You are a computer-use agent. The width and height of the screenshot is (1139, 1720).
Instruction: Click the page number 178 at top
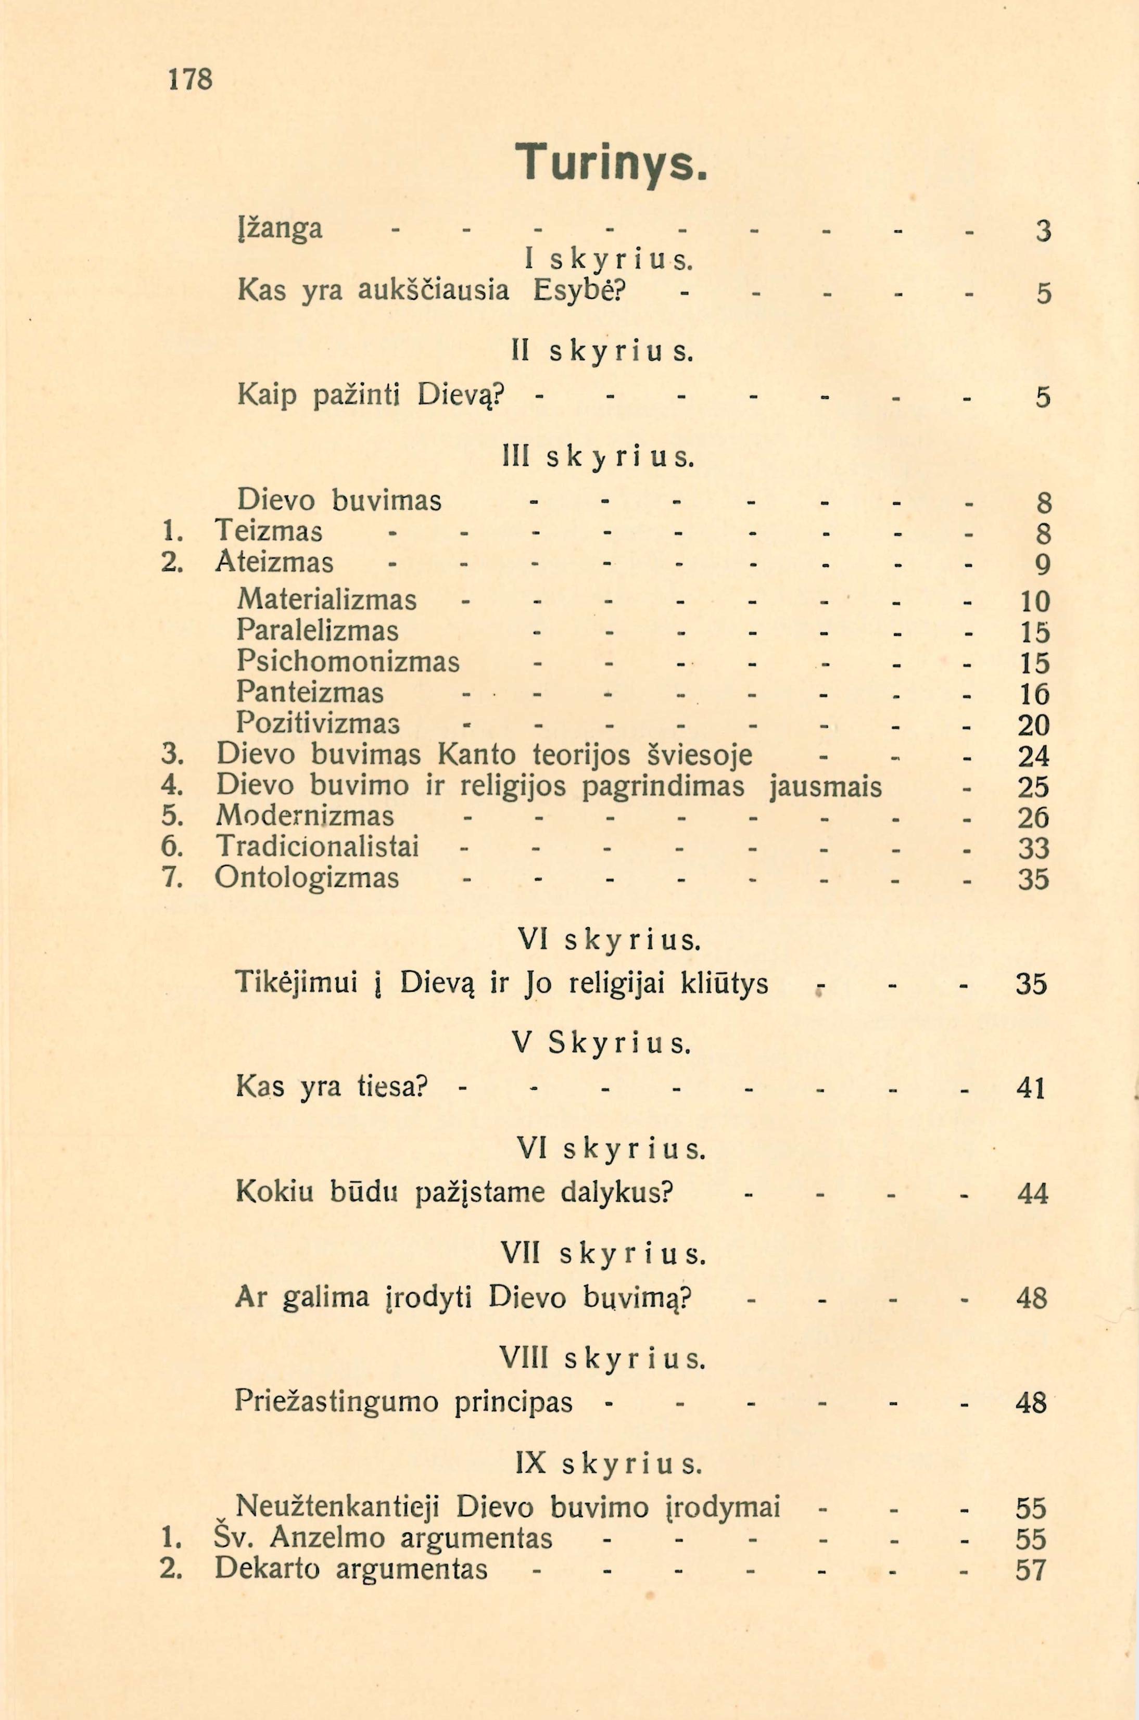click(x=191, y=79)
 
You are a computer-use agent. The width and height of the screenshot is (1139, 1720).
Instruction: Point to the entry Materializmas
click(x=327, y=600)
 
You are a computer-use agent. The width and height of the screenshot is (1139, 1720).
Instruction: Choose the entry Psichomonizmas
click(x=348, y=661)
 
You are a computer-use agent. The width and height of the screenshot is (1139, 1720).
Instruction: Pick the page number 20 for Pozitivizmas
click(x=1034, y=724)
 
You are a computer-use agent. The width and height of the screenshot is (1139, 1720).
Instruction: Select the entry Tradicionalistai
click(x=318, y=847)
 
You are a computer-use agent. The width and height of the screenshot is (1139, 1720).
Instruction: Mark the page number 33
click(x=1034, y=848)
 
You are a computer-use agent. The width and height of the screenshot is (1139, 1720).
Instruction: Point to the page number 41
click(x=1031, y=1088)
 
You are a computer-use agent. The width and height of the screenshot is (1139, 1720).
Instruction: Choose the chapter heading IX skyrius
click(x=609, y=1464)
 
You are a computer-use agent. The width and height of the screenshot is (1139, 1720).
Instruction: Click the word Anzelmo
click(x=331, y=1538)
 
